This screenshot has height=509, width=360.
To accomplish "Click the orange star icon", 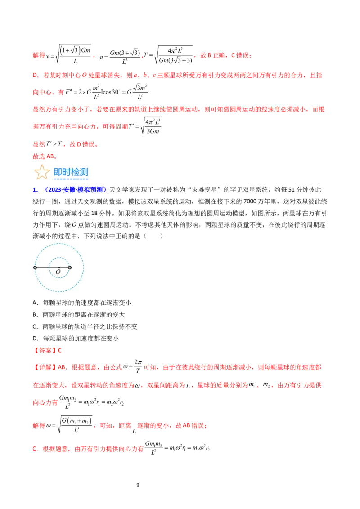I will (x=42, y=172).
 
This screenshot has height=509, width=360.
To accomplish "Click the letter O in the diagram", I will (x=58, y=272).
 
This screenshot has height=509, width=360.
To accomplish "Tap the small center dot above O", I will (x=59, y=268).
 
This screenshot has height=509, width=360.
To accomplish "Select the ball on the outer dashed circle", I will (x=35, y=268).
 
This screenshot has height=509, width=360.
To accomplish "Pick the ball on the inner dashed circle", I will (x=70, y=268).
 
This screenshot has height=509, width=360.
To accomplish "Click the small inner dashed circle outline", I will (x=59, y=258).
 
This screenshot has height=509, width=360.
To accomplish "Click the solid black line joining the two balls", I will (x=47, y=268).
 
